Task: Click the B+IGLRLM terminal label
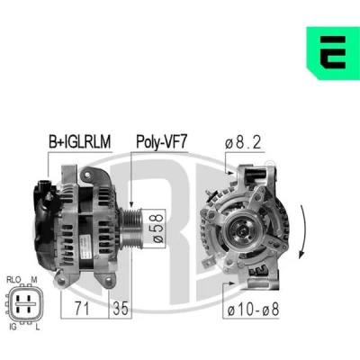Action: (x=80, y=141)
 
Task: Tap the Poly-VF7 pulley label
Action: (x=161, y=141)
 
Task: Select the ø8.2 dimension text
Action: (x=243, y=143)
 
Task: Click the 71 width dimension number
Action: (x=82, y=309)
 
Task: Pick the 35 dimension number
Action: (x=121, y=309)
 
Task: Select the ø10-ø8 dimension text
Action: (x=254, y=310)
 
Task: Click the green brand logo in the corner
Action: (x=333, y=53)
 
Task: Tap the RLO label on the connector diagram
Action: (x=13, y=280)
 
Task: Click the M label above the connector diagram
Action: (x=34, y=280)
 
